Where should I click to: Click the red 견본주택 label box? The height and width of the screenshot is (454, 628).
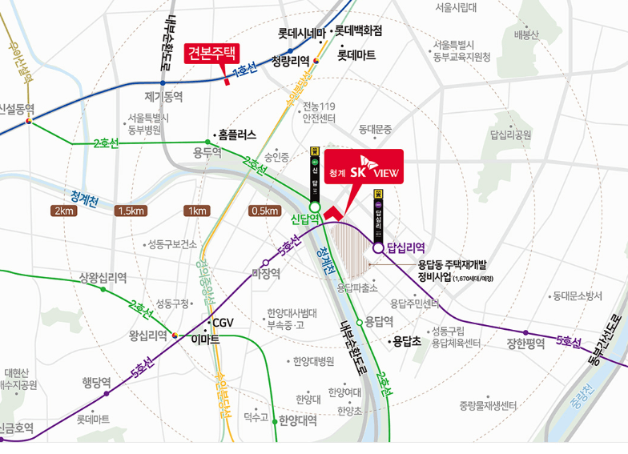click(x=211, y=54)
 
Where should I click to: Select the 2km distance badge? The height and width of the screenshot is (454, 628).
click(x=63, y=211)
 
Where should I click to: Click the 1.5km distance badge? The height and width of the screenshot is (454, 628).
click(x=131, y=211)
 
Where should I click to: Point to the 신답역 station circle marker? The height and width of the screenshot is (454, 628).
click(x=315, y=206)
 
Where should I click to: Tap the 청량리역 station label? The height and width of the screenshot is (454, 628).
click(x=290, y=60)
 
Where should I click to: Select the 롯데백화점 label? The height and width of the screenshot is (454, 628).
click(x=358, y=31)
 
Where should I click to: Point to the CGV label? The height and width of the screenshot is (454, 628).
click(x=221, y=323)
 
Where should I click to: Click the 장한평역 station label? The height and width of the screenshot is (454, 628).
click(x=525, y=344)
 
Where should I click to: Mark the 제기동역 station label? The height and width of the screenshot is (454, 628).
click(x=163, y=96)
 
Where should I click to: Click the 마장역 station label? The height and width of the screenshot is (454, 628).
click(x=266, y=273)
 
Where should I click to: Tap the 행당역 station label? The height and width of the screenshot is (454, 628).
click(x=96, y=382)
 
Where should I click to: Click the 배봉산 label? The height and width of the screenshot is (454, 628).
click(x=527, y=34)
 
